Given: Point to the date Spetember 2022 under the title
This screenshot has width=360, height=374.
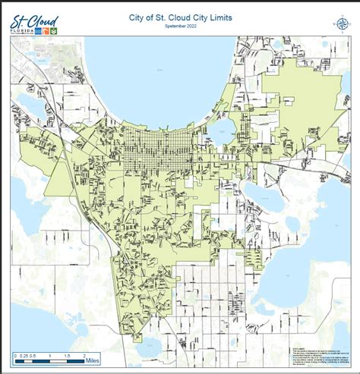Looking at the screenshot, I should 179,26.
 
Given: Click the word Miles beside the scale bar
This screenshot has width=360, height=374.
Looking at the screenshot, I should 94,361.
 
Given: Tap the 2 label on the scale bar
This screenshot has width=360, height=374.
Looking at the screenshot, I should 82,354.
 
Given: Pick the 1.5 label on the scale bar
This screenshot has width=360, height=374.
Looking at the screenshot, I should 66,354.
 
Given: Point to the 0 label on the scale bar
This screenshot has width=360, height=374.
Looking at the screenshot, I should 16,354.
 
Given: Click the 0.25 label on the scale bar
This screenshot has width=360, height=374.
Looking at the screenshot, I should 24,354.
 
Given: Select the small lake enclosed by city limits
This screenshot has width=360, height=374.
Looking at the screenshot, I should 225,130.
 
